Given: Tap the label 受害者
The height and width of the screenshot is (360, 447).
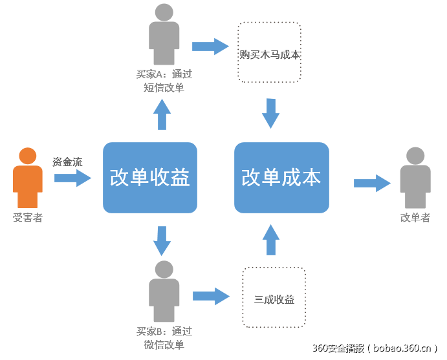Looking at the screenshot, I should tap(28, 218).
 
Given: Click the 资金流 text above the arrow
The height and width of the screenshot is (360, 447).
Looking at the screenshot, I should tap(67, 162).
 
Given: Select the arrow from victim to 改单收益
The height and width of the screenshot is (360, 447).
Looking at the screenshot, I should tap(72, 178).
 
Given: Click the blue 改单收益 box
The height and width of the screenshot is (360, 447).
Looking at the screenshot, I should tap(149, 178).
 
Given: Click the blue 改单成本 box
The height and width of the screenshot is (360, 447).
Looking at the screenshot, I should tap(281, 178).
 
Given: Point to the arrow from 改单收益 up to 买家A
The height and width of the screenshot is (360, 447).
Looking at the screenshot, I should tap(162, 114).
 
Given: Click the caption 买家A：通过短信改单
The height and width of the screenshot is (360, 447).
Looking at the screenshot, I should tap(164, 81).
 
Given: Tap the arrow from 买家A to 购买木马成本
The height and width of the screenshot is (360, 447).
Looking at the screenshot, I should tap(211, 46).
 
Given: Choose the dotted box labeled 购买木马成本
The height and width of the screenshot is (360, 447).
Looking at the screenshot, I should tap(269, 52).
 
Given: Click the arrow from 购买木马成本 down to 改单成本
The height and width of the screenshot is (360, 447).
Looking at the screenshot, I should tap(270, 114).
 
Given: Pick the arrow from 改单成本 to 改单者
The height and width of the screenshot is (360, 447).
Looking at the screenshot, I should tap(372, 183).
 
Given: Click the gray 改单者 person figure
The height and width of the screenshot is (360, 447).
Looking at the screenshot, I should tap(415, 178).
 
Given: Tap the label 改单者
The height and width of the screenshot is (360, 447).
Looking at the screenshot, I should tap(415, 218).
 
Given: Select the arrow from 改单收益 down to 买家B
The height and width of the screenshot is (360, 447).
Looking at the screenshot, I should tap(162, 240).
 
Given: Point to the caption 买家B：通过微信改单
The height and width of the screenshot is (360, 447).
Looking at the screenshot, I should tap(164, 338).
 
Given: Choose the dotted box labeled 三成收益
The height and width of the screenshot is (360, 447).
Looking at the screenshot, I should tap(274, 297).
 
